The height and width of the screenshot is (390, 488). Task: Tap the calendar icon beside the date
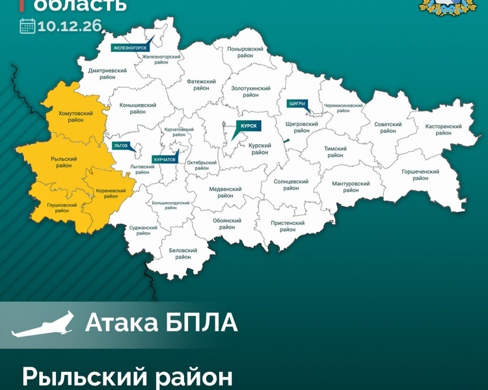click(x=27, y=27)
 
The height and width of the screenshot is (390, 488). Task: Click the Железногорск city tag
click(x=130, y=47)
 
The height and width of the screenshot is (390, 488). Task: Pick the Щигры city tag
click(x=296, y=103)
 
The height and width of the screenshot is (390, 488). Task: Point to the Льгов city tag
click(x=120, y=146)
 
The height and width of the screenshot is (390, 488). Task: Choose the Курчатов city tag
click(x=165, y=159)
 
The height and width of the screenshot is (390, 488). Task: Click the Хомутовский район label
click(x=75, y=117)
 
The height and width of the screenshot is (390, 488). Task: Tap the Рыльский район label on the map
click(x=64, y=162)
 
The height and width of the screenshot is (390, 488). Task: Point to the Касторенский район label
click(x=443, y=129)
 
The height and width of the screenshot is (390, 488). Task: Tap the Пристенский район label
click(x=288, y=226)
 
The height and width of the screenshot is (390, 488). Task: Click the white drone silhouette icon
click(x=42, y=324)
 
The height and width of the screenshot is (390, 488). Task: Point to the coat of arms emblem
click(x=447, y=8)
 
